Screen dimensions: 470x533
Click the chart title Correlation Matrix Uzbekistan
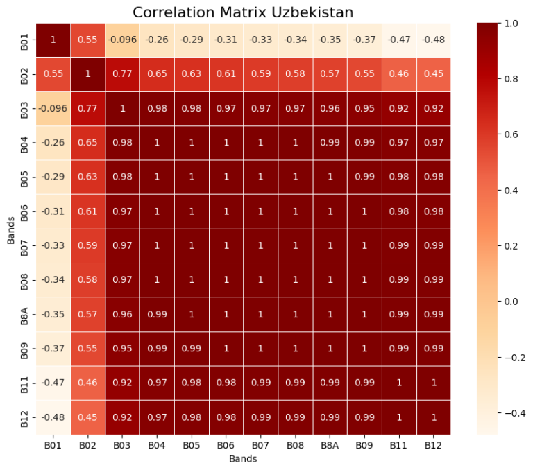pyautogui.click(x=243, y=12)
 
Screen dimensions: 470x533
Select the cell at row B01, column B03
pyautogui.click(x=122, y=40)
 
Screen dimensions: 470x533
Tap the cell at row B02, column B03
pyautogui.click(x=122, y=74)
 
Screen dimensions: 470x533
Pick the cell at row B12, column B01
pyautogui.click(x=53, y=417)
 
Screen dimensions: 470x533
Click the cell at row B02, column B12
pyautogui.click(x=433, y=74)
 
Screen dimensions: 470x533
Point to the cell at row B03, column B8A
pyautogui.click(x=330, y=108)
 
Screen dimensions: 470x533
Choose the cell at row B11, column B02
pyautogui.click(x=87, y=383)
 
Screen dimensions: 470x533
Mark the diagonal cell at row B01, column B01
pyautogui.click(x=53, y=40)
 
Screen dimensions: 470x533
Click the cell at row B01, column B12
pyautogui.click(x=433, y=40)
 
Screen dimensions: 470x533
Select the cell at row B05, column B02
pyautogui.click(x=87, y=177)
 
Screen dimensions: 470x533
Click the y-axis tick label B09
pyautogui.click(x=24, y=349)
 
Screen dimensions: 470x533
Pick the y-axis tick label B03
pyautogui.click(x=24, y=108)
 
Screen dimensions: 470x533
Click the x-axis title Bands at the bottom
pyautogui.click(x=243, y=459)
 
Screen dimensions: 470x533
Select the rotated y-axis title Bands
pyautogui.click(x=10, y=229)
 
